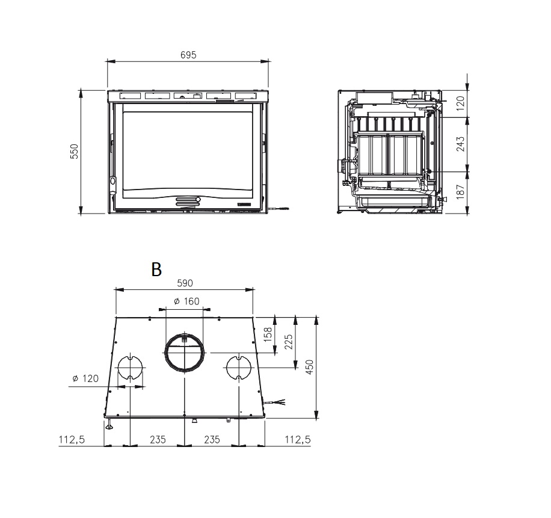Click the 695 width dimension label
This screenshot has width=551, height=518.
pyautogui.click(x=188, y=55)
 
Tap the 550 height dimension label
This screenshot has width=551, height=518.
pyautogui.click(x=75, y=152)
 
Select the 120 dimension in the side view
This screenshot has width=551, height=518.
pyautogui.click(x=460, y=103)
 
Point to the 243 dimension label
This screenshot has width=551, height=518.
pyautogui.click(x=460, y=144)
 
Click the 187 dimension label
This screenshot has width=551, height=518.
pyautogui.click(x=460, y=192)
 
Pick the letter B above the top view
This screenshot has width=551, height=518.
pyautogui.click(x=156, y=270)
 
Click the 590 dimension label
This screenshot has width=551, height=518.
pyautogui.click(x=185, y=283)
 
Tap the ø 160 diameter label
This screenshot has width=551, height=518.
pyautogui.click(x=186, y=301)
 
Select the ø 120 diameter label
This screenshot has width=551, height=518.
pyautogui.click(x=85, y=378)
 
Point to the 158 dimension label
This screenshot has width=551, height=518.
pyautogui.click(x=268, y=335)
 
